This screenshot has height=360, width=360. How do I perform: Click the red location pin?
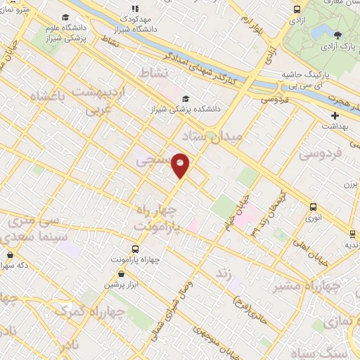(181, 165)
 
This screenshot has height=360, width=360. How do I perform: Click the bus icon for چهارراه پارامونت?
(136, 248)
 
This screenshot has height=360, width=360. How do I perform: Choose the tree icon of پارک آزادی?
(338, 35)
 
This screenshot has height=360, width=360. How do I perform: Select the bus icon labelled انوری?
(313, 207)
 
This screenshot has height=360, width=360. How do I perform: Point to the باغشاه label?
(51, 94)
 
